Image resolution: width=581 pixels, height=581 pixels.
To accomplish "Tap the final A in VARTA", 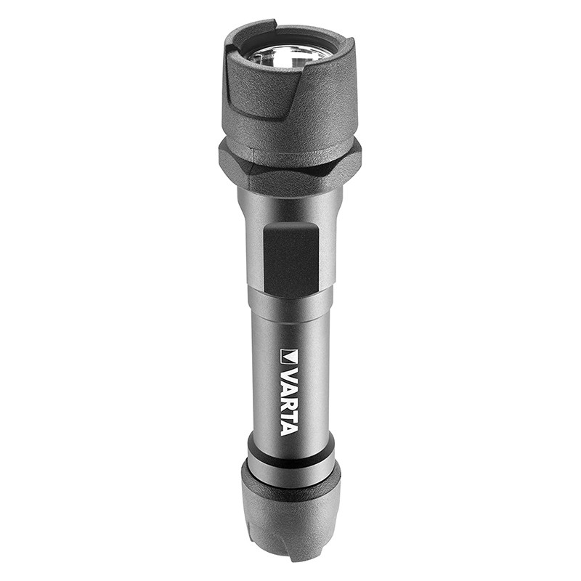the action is tap(289, 428).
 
